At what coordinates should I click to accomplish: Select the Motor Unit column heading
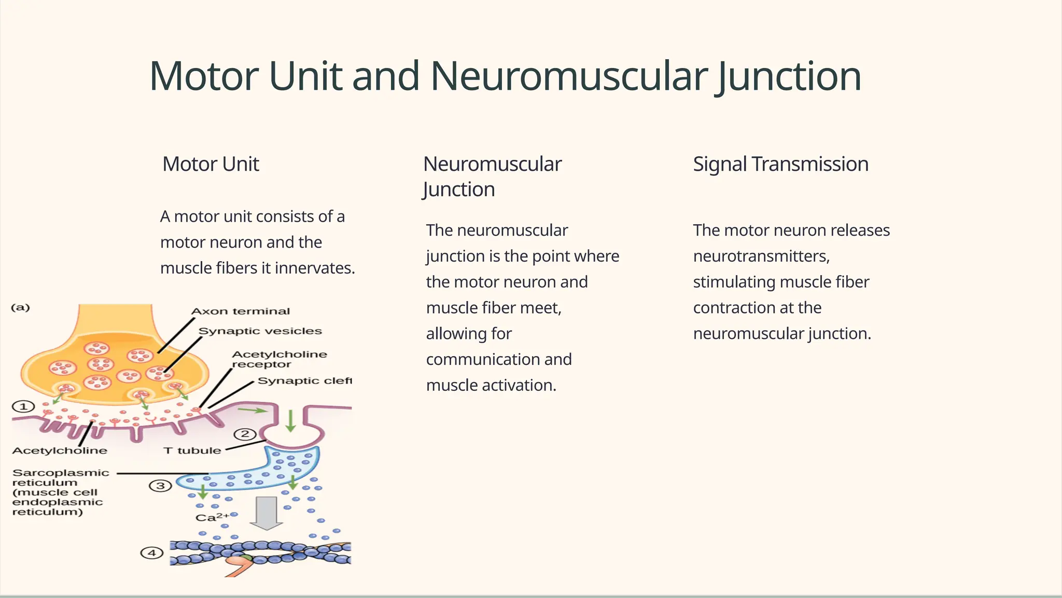click(211, 164)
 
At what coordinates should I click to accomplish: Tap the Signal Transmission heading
click(780, 164)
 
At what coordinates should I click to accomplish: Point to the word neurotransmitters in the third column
click(761, 256)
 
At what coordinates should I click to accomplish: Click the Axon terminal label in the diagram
click(241, 311)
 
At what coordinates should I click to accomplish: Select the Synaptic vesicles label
click(260, 331)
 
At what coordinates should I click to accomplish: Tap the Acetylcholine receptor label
click(279, 359)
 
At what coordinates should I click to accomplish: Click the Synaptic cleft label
click(304, 380)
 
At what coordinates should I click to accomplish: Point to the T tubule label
click(192, 451)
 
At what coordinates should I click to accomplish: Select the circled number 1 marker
click(23, 406)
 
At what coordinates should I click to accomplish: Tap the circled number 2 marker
click(245, 434)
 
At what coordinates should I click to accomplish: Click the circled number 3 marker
click(160, 486)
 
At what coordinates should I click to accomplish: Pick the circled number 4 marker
click(152, 553)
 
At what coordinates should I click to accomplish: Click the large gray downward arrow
click(267, 513)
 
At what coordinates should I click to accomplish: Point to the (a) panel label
click(21, 307)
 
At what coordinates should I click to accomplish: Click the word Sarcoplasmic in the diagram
click(61, 473)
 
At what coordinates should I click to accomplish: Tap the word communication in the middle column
click(498, 359)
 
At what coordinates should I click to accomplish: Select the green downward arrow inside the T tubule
click(291, 420)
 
